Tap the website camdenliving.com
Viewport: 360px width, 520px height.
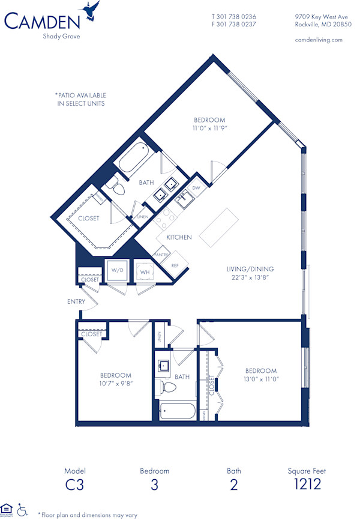coord(319,40)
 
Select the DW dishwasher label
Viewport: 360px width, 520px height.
coord(196,188)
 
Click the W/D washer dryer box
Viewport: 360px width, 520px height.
coord(117,270)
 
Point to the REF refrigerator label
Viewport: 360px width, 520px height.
coord(175,265)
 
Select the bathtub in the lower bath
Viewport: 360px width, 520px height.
coord(178,413)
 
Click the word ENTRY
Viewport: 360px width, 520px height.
coord(76,301)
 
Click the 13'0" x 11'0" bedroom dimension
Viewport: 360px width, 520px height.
coord(261,379)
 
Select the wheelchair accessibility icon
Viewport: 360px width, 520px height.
coord(23,510)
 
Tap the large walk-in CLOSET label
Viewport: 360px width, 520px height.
coord(88,219)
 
